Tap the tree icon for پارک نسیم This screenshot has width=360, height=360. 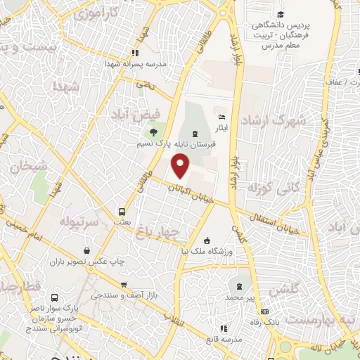pos(152,131)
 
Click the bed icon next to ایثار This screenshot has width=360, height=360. pos(223,117)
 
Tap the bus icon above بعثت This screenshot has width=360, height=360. pos(122,211)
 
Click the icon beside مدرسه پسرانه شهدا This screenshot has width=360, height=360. pos(135,52)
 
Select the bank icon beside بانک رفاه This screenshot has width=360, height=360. pos(264,311)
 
